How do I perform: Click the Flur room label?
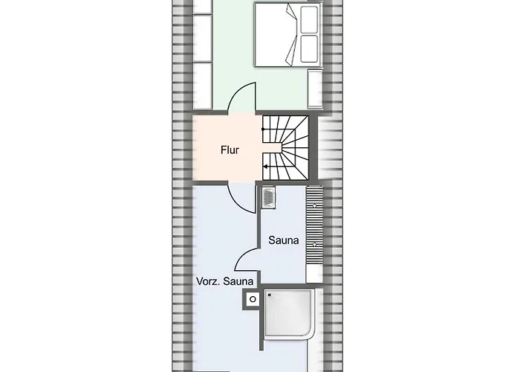click(230, 150)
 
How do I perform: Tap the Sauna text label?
click(284, 240)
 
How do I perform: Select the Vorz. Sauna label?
click(224, 281)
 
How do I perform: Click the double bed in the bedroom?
click(288, 34)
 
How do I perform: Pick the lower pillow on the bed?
click(309, 48)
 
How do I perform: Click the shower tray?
click(289, 313)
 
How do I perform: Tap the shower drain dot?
click(269, 295)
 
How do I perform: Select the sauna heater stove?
click(268, 198)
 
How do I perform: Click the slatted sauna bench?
click(314, 225)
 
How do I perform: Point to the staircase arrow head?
click(265, 167)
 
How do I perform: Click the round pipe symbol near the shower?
click(253, 299)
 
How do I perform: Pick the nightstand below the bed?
click(315, 89)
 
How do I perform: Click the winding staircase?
click(285, 147)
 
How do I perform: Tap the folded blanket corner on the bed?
click(291, 35)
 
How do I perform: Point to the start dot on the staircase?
click(263, 129)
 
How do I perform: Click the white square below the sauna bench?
click(314, 274)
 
